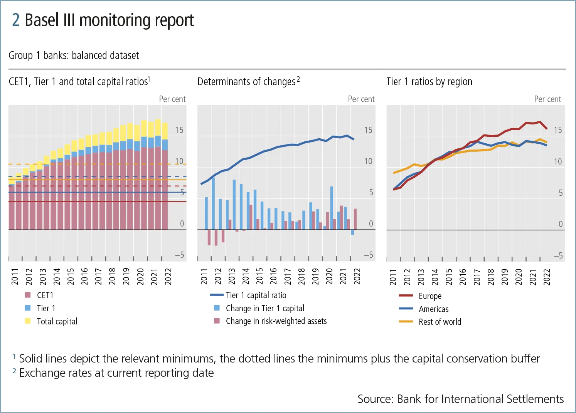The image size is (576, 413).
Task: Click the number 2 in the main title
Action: point(15,20)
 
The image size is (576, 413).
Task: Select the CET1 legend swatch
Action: point(28,295)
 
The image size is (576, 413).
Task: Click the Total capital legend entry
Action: point(57,321)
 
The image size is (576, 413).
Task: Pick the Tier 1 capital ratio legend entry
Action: point(256,295)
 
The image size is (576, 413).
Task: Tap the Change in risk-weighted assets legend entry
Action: point(276,321)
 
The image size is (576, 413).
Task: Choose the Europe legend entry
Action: point(430,296)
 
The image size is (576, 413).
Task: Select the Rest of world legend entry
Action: point(440,322)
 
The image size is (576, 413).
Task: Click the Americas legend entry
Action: point(433,309)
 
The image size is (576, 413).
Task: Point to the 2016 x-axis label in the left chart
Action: point(84,277)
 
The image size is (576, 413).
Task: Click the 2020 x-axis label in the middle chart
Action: point(329,277)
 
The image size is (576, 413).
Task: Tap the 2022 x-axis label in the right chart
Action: point(547,277)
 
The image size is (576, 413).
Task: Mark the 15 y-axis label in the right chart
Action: point(558,130)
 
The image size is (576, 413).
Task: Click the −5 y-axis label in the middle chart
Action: point(369,255)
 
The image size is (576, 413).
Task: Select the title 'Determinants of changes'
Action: point(246,82)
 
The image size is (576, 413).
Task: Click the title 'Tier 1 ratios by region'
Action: point(429,82)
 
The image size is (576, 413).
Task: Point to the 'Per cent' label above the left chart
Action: point(172,99)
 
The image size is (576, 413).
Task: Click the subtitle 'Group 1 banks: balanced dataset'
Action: point(74,55)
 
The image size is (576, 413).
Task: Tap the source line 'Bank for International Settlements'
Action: point(460,399)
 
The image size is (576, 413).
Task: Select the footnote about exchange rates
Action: point(116,373)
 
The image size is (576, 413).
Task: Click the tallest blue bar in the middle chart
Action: point(213,203)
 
